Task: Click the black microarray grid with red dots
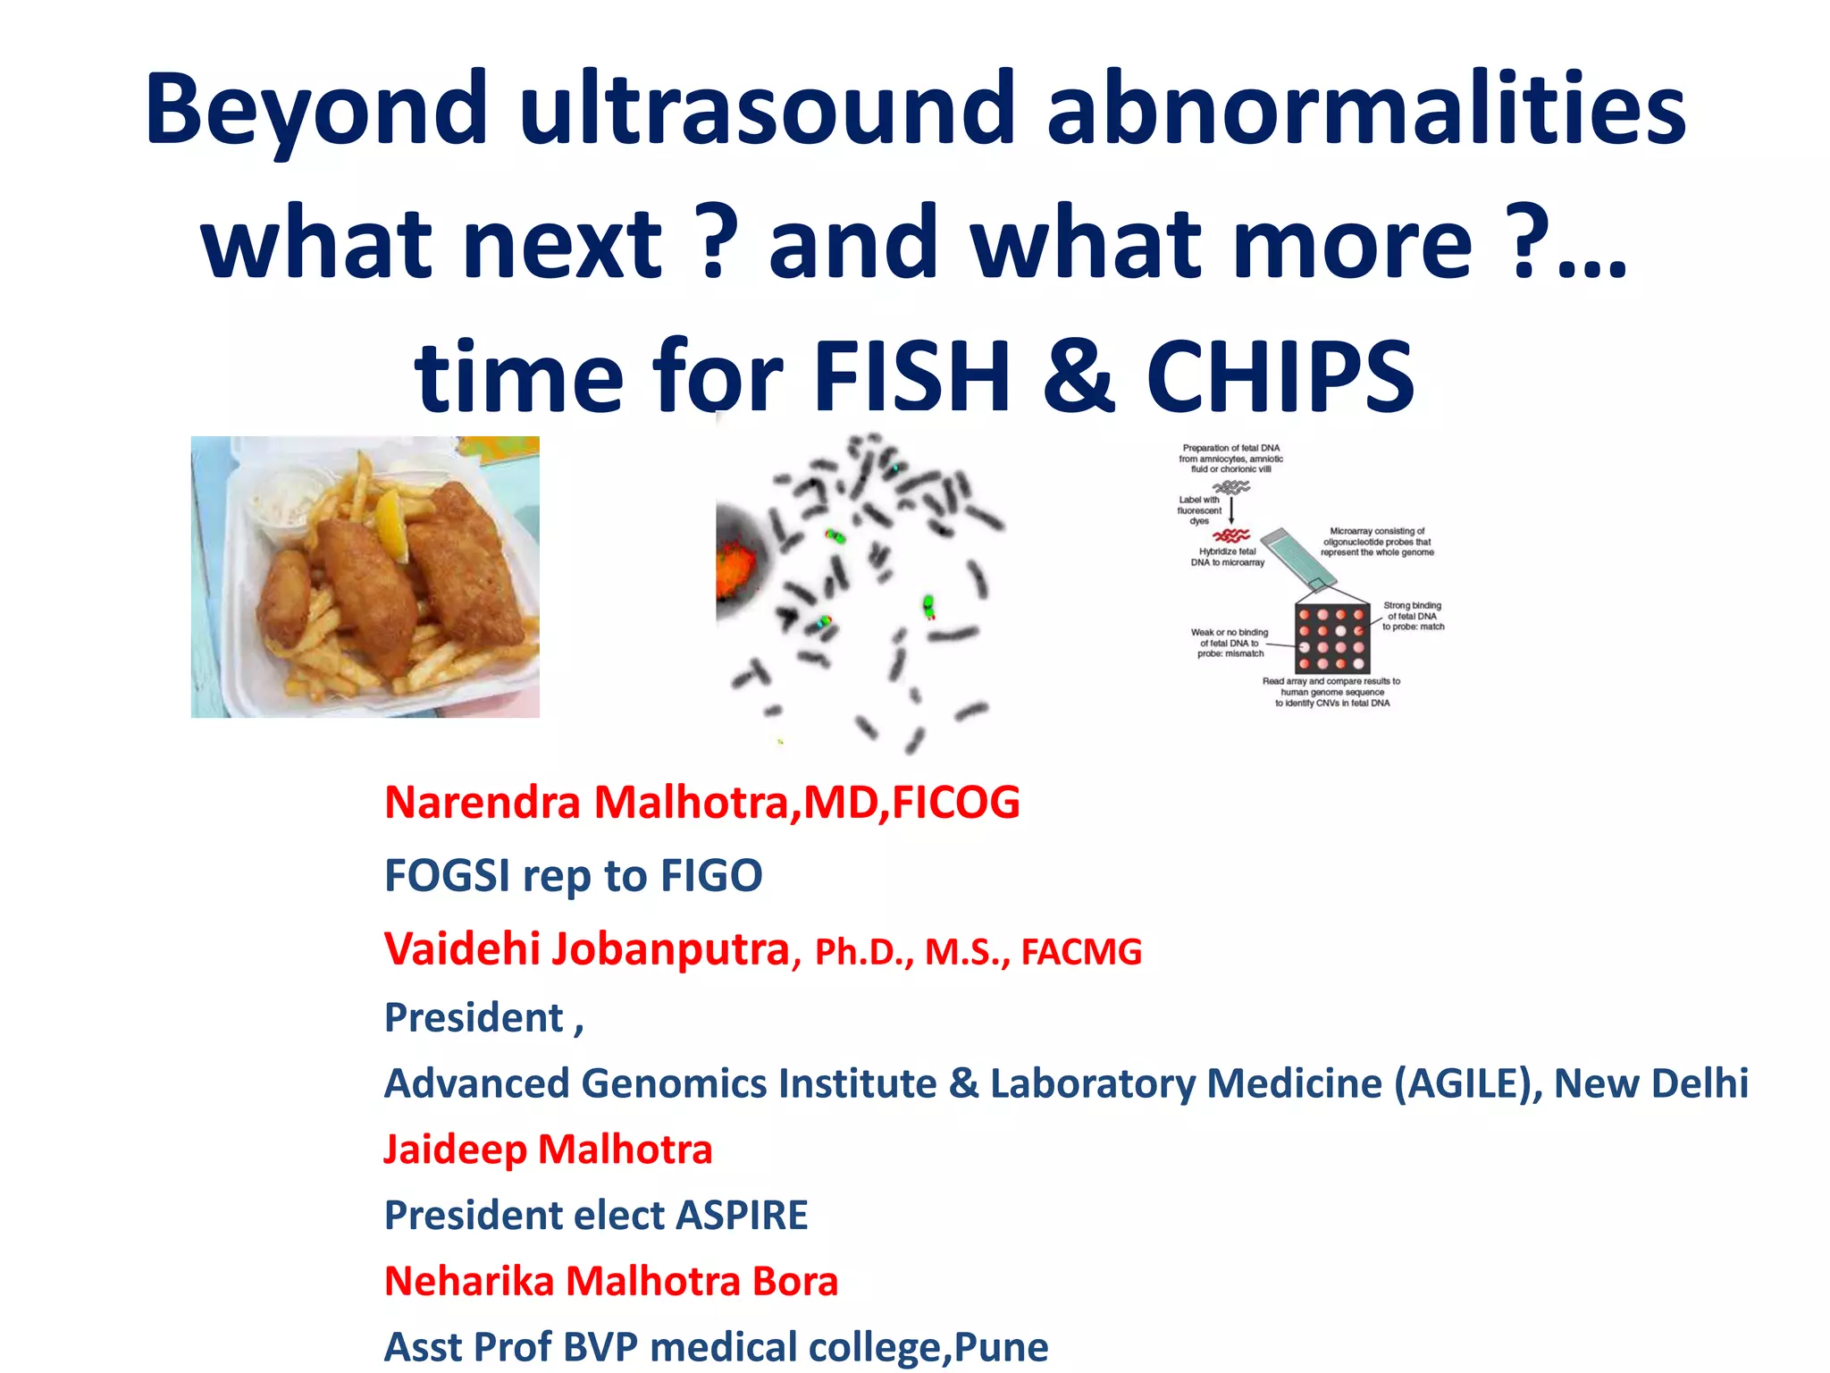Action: (1331, 638)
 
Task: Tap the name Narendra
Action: (482, 802)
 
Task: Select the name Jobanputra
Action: (669, 949)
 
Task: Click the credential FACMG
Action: (1081, 952)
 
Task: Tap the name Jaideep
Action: (455, 1150)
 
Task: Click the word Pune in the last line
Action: (1002, 1347)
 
